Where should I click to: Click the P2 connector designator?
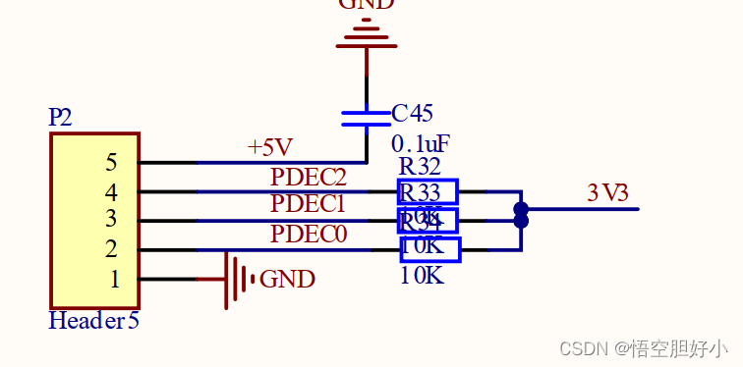(x=60, y=118)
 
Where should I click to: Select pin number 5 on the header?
(x=111, y=163)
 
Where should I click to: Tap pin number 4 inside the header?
(x=111, y=191)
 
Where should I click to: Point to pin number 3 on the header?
(x=111, y=220)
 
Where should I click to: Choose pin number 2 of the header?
(x=111, y=249)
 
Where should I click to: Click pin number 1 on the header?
(x=114, y=279)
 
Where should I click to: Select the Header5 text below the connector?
(x=93, y=321)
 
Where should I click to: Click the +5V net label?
(x=270, y=148)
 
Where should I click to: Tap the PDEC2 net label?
(x=309, y=178)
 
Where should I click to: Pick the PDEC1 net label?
(x=308, y=205)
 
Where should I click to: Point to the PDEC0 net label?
(x=308, y=235)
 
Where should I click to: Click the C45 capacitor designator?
(x=412, y=114)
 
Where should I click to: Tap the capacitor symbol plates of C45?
(x=366, y=118)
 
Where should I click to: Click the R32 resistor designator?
(x=420, y=167)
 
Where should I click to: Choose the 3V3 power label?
(x=607, y=193)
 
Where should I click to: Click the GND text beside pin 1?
(x=287, y=280)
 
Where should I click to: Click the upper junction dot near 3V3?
(x=521, y=208)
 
